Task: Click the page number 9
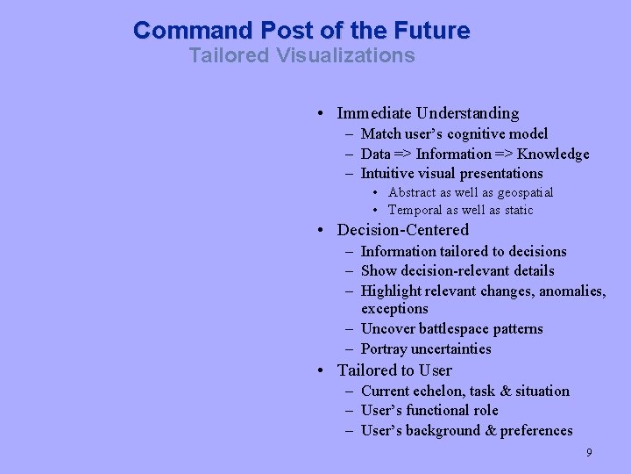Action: point(589,453)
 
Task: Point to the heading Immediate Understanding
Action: point(428,113)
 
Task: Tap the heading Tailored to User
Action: point(394,370)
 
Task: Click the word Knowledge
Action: point(553,154)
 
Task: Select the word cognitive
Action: point(478,134)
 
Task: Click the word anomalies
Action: point(572,291)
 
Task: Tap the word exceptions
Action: point(394,309)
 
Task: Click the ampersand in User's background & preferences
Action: point(490,431)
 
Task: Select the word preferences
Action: point(536,431)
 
